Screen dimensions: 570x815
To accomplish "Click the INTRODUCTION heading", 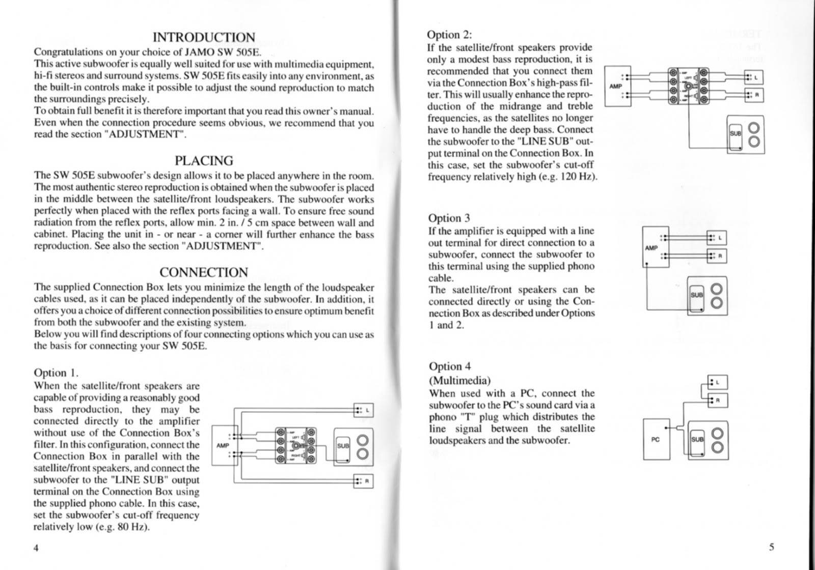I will pos(204,37).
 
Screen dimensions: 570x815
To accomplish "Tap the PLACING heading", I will pos(204,160).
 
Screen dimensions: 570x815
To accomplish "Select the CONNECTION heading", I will pos(204,272).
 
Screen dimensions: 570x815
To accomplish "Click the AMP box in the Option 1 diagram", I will pos(223,445).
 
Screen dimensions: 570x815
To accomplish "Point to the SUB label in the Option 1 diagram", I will pos(343,446).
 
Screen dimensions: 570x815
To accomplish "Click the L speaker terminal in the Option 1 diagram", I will pos(363,410).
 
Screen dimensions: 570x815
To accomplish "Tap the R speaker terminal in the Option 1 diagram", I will pos(363,481).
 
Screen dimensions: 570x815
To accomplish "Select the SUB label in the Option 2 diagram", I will pos(735,132).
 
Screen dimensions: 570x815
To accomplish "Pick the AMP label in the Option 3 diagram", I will pos(651,248).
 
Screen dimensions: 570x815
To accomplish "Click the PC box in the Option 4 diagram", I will pos(656,439).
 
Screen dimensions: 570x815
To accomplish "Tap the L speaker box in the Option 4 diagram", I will pos(718,382).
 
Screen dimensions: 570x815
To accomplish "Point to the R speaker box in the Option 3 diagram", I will pos(717,256).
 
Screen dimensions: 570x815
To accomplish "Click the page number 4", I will pos(36,547).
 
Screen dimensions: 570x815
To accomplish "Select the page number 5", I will pos(772,547).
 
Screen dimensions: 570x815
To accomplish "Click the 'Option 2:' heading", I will pos(450,35).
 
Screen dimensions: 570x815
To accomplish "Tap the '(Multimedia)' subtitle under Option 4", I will pos(460,380).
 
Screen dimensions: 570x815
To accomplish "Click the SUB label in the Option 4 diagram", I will pos(697,439).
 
